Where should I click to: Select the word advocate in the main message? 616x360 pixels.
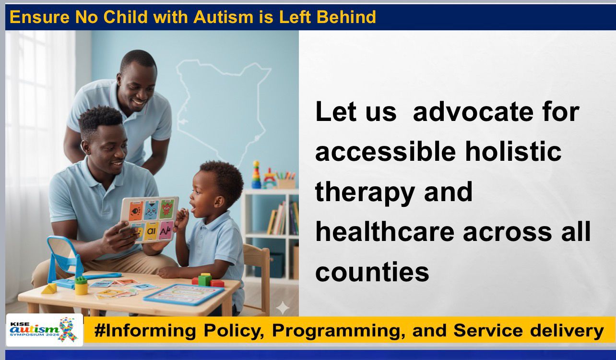(473, 111)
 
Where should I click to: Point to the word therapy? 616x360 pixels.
(365, 192)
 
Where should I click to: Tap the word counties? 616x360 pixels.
(372, 272)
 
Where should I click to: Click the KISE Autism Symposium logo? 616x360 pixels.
(44, 330)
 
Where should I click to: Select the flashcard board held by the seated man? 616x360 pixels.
(150, 219)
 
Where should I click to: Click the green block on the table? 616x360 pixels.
(205, 279)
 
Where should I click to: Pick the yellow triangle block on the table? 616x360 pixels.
(49, 288)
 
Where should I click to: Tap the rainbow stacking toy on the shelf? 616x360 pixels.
(256, 175)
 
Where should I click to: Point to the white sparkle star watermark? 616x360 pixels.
(283, 308)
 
